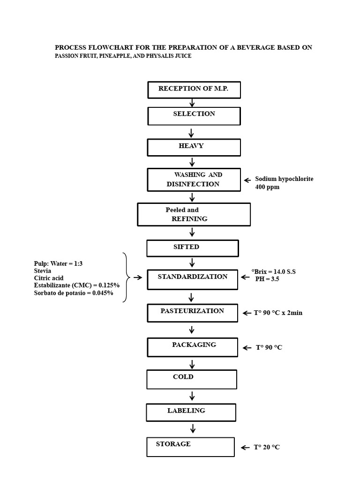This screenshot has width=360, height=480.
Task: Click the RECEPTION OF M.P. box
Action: pyautogui.click(x=194, y=90)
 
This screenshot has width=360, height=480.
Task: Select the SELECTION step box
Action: pyautogui.click(x=194, y=116)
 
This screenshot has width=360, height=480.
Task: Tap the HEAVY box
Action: pyautogui.click(x=194, y=148)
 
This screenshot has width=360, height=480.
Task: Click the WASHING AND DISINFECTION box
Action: pyautogui.click(x=194, y=180)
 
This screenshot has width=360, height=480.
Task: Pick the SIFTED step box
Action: pyautogui.click(x=193, y=248)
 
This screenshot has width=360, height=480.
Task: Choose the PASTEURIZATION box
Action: pyautogui.click(x=192, y=313)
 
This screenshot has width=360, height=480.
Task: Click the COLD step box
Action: pyautogui.click(x=192, y=379)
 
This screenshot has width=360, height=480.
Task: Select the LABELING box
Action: pyautogui.click(x=191, y=412)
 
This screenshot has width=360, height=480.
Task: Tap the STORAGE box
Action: pyautogui.click(x=190, y=447)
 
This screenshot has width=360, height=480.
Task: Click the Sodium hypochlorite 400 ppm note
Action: pyautogui.click(x=284, y=183)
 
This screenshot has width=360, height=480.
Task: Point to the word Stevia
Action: pyautogui.click(x=43, y=271)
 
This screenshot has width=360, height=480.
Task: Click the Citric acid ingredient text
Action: pyautogui.click(x=49, y=278)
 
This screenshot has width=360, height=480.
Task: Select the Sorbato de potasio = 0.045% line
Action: pyautogui.click(x=74, y=293)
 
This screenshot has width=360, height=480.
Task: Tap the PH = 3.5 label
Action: pyautogui.click(x=267, y=279)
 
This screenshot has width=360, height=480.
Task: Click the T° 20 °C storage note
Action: pyautogui.click(x=267, y=447)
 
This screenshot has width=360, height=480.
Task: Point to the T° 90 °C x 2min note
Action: pyautogui.click(x=278, y=313)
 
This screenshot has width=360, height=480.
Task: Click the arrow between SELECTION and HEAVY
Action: pyautogui.click(x=191, y=133)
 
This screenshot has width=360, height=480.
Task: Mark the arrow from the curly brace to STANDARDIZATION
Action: pyautogui.click(x=138, y=277)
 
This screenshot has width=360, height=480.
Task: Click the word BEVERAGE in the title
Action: pyautogui.click(x=256, y=47)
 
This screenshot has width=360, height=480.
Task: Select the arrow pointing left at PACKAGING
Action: pyautogui.click(x=247, y=348)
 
